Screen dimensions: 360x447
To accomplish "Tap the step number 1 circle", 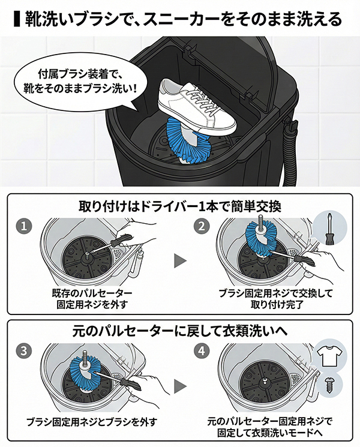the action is point(24,226).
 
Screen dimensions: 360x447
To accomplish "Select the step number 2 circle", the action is point(201,226).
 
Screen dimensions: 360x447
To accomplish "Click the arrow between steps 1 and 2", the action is point(180,260).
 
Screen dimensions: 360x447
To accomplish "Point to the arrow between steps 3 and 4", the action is point(180,386).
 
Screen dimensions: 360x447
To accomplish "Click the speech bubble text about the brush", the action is point(80,82).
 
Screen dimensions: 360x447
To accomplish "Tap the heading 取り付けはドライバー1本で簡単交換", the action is point(180,206).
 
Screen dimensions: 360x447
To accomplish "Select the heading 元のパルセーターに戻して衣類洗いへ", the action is point(180,331).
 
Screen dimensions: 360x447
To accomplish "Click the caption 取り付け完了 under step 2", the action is point(276,305).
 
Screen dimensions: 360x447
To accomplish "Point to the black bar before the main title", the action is point(17,19).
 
